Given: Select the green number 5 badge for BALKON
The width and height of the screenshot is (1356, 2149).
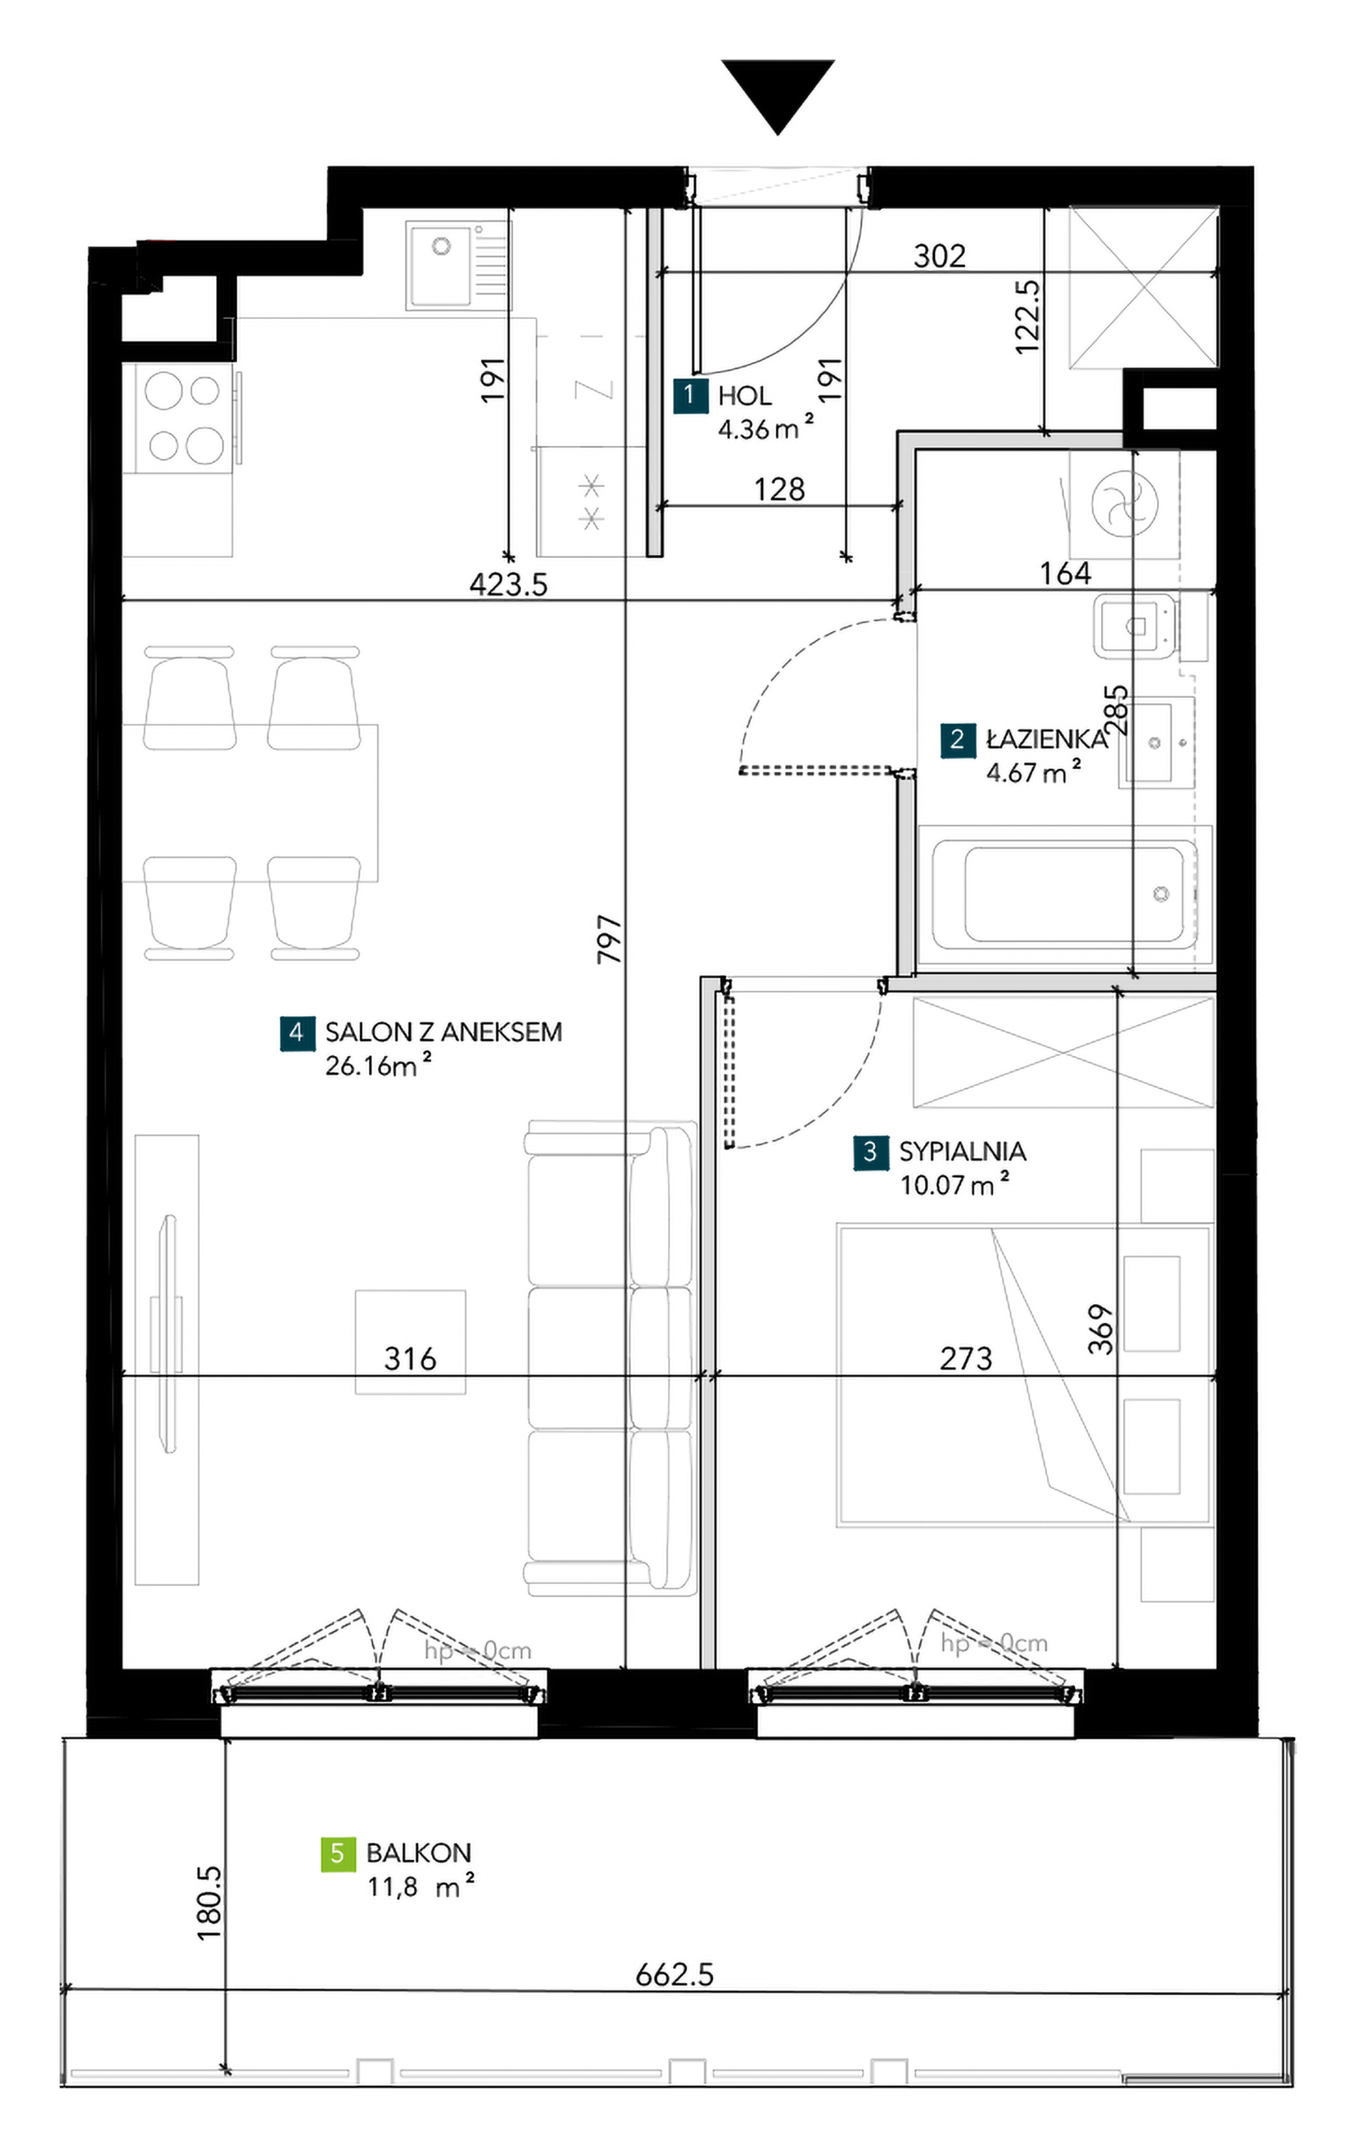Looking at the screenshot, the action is (338, 1854).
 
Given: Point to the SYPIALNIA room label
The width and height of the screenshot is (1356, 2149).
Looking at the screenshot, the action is (962, 1152).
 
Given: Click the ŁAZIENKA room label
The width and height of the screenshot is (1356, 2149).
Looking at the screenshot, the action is (1046, 739).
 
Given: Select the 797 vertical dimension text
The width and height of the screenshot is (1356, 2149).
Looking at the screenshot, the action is (609, 939).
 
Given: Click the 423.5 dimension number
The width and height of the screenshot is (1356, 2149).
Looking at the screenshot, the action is (508, 584).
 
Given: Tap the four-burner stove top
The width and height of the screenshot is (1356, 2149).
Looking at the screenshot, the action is (184, 417).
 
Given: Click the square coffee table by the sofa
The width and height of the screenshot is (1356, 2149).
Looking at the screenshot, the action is (410, 1341).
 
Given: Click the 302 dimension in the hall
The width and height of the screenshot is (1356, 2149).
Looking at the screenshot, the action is (939, 257).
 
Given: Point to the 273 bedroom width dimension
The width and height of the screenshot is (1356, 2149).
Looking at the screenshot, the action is (966, 1358).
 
